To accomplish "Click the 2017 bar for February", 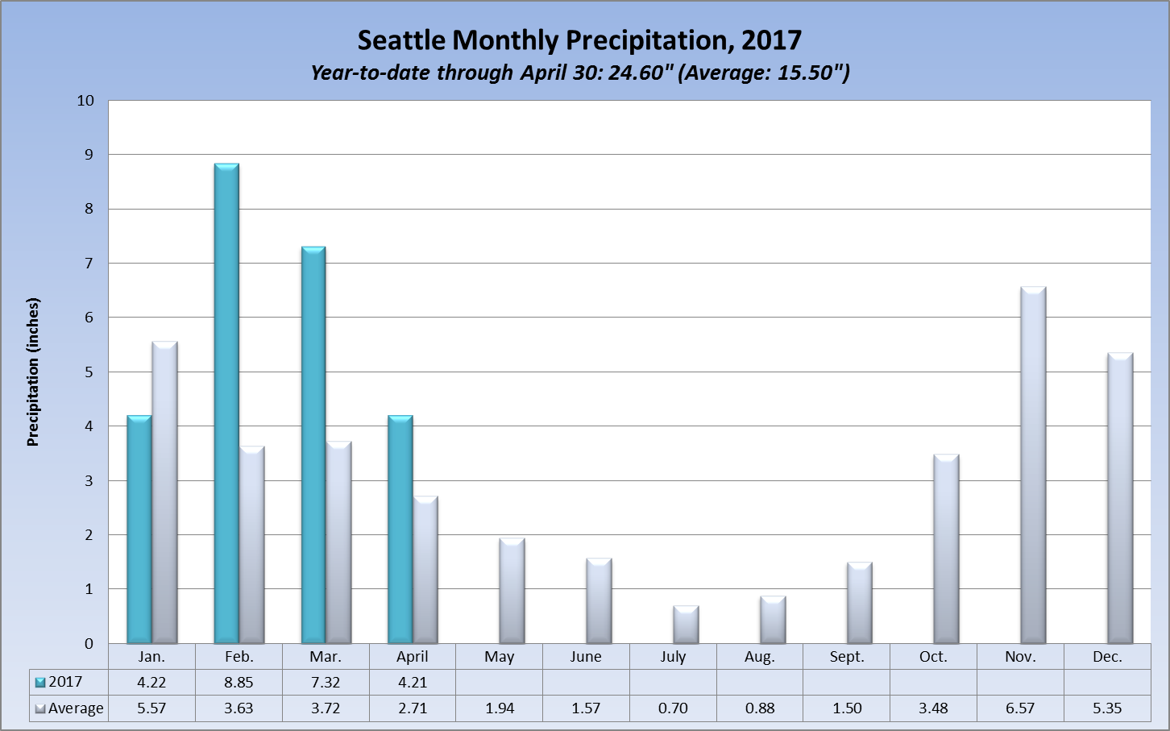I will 226,403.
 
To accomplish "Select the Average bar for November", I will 1033,465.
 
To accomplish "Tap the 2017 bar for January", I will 139,530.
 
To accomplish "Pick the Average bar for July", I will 686,625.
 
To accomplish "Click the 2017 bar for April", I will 400,530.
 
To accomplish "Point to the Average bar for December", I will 1120,498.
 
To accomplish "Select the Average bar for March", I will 338,542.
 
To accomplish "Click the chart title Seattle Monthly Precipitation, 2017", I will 579,40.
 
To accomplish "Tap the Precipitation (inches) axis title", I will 33,372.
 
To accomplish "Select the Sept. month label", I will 847,657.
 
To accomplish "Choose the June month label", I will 586,657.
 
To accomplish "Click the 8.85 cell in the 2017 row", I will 239,682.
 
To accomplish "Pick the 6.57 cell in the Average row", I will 1020,708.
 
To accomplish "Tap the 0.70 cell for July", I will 673,708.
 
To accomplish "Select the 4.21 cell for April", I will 413,682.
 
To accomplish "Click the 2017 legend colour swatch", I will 40,683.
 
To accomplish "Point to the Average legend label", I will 76,708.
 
